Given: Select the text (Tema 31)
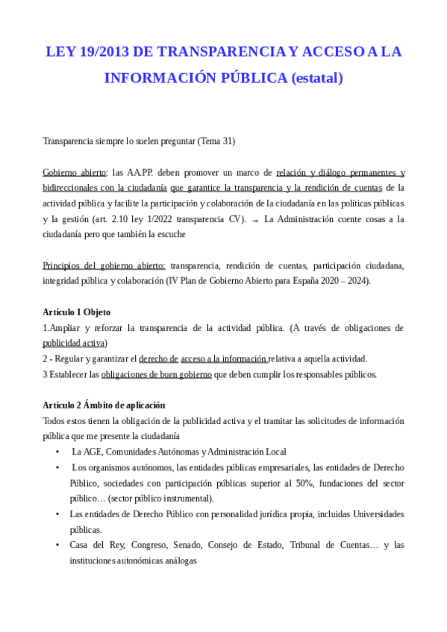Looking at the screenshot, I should tap(216, 140).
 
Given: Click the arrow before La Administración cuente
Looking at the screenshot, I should tap(255, 219).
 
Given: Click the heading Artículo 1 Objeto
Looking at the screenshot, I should tap(76, 312).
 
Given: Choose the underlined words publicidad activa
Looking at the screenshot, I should tap(75, 343).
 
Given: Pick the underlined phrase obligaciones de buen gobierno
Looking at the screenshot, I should tap(156, 374).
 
